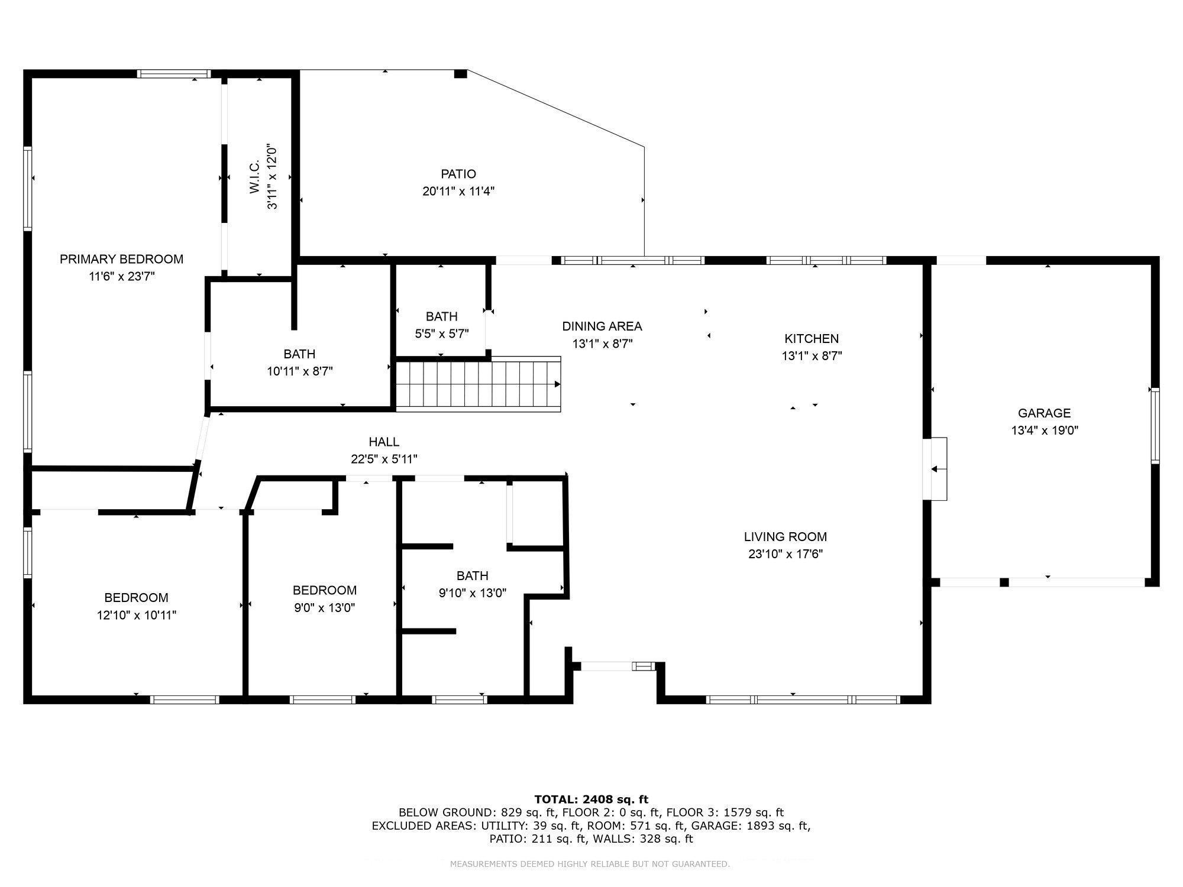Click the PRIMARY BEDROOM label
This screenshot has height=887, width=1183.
[121, 259]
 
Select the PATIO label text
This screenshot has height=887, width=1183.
[458, 174]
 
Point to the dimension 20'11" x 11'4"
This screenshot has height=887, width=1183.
[458, 191]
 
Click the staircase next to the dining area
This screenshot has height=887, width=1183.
[478, 384]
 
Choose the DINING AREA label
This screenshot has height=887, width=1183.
[602, 326]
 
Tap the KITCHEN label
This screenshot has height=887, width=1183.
[812, 339]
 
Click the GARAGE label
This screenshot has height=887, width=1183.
[1045, 413]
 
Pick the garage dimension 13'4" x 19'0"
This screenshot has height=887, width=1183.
[1045, 430]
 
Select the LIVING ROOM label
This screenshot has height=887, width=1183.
[786, 537]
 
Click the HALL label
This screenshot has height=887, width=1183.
[384, 442]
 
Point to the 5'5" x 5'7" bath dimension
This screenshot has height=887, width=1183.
[442, 334]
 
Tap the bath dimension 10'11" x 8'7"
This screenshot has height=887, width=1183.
[300, 371]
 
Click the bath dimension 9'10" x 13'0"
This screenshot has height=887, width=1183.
[473, 593]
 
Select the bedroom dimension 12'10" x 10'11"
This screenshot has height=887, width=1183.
[137, 615]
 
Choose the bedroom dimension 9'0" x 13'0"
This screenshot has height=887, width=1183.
[325, 607]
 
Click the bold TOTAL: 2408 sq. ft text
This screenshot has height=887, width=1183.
[591, 799]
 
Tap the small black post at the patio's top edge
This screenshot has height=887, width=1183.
[460, 74]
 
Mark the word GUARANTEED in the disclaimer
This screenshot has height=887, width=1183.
[700, 865]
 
